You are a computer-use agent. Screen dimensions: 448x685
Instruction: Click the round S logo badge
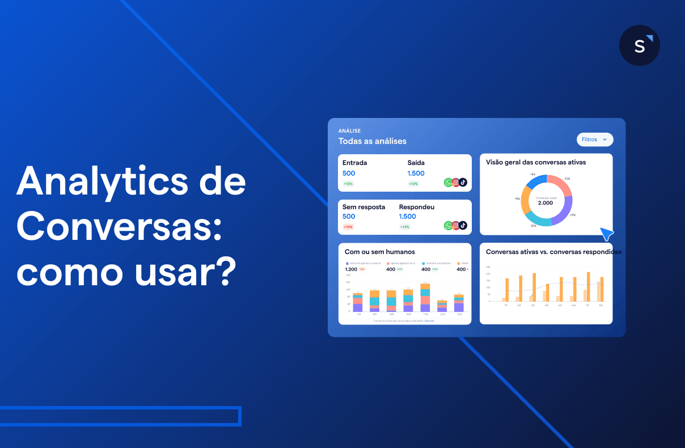point(639,45)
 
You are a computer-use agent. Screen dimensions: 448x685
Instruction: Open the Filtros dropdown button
point(594,140)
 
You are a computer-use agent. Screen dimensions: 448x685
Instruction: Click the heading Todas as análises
point(372,141)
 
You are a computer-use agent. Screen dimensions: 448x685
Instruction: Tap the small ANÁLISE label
point(349,131)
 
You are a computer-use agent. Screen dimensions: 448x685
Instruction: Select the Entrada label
point(354,163)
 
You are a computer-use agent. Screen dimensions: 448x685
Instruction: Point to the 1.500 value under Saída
point(416,174)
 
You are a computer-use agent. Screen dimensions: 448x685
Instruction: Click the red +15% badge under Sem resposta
point(348,227)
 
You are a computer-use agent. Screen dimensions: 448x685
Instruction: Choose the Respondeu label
point(416,207)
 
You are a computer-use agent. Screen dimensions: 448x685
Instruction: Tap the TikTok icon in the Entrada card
point(463,183)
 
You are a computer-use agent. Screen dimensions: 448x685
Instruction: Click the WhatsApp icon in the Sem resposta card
point(449,226)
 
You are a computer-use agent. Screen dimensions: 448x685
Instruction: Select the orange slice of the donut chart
point(525,199)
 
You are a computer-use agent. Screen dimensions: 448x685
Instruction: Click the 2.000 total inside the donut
point(546,203)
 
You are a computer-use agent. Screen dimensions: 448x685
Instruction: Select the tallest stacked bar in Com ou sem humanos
point(425,297)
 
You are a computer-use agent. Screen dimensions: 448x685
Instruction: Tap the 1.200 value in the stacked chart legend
point(351,269)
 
